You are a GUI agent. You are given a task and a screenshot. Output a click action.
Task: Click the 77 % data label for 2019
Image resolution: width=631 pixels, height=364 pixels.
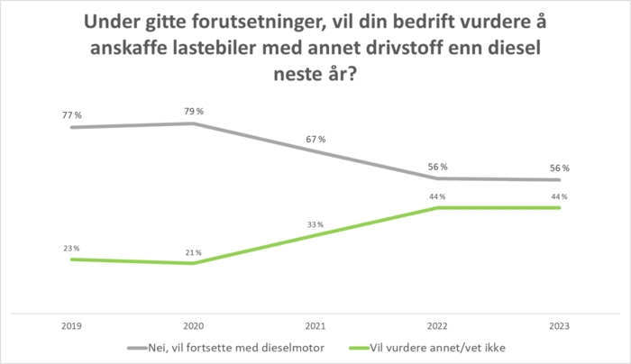click(71, 115)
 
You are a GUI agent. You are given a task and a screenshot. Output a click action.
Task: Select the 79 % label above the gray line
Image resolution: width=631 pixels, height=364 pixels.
click(193, 111)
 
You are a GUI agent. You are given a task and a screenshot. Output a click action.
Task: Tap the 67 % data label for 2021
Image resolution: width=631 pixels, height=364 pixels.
click(315, 139)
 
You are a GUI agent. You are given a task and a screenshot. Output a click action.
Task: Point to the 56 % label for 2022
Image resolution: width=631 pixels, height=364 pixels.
click(438, 167)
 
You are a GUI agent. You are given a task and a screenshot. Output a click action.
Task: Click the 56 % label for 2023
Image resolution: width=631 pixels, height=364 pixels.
click(560, 168)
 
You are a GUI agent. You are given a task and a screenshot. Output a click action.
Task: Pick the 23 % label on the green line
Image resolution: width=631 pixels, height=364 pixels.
click(71, 248)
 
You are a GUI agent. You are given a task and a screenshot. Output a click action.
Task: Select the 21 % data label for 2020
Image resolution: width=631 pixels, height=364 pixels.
click(193, 252)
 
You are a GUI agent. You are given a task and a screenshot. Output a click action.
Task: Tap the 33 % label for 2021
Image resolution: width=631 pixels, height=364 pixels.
click(315, 224)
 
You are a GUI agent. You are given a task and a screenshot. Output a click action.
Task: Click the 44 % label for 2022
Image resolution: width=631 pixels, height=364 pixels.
click(438, 196)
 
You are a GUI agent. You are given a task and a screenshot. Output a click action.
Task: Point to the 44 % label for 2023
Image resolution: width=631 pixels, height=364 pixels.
click(560, 196)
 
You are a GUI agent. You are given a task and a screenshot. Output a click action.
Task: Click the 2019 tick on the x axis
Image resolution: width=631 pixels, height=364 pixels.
click(71, 326)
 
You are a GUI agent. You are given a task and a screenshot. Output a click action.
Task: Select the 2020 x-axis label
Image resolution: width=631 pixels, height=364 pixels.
click(193, 326)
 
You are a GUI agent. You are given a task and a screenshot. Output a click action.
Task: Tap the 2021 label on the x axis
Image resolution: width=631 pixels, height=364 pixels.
click(315, 326)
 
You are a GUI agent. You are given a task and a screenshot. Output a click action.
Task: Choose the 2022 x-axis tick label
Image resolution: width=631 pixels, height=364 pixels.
click(438, 326)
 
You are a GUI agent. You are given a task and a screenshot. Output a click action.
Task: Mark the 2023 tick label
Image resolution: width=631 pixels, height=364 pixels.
click(560, 326)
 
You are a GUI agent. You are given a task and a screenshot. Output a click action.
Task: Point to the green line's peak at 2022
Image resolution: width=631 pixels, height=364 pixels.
click(438, 207)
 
